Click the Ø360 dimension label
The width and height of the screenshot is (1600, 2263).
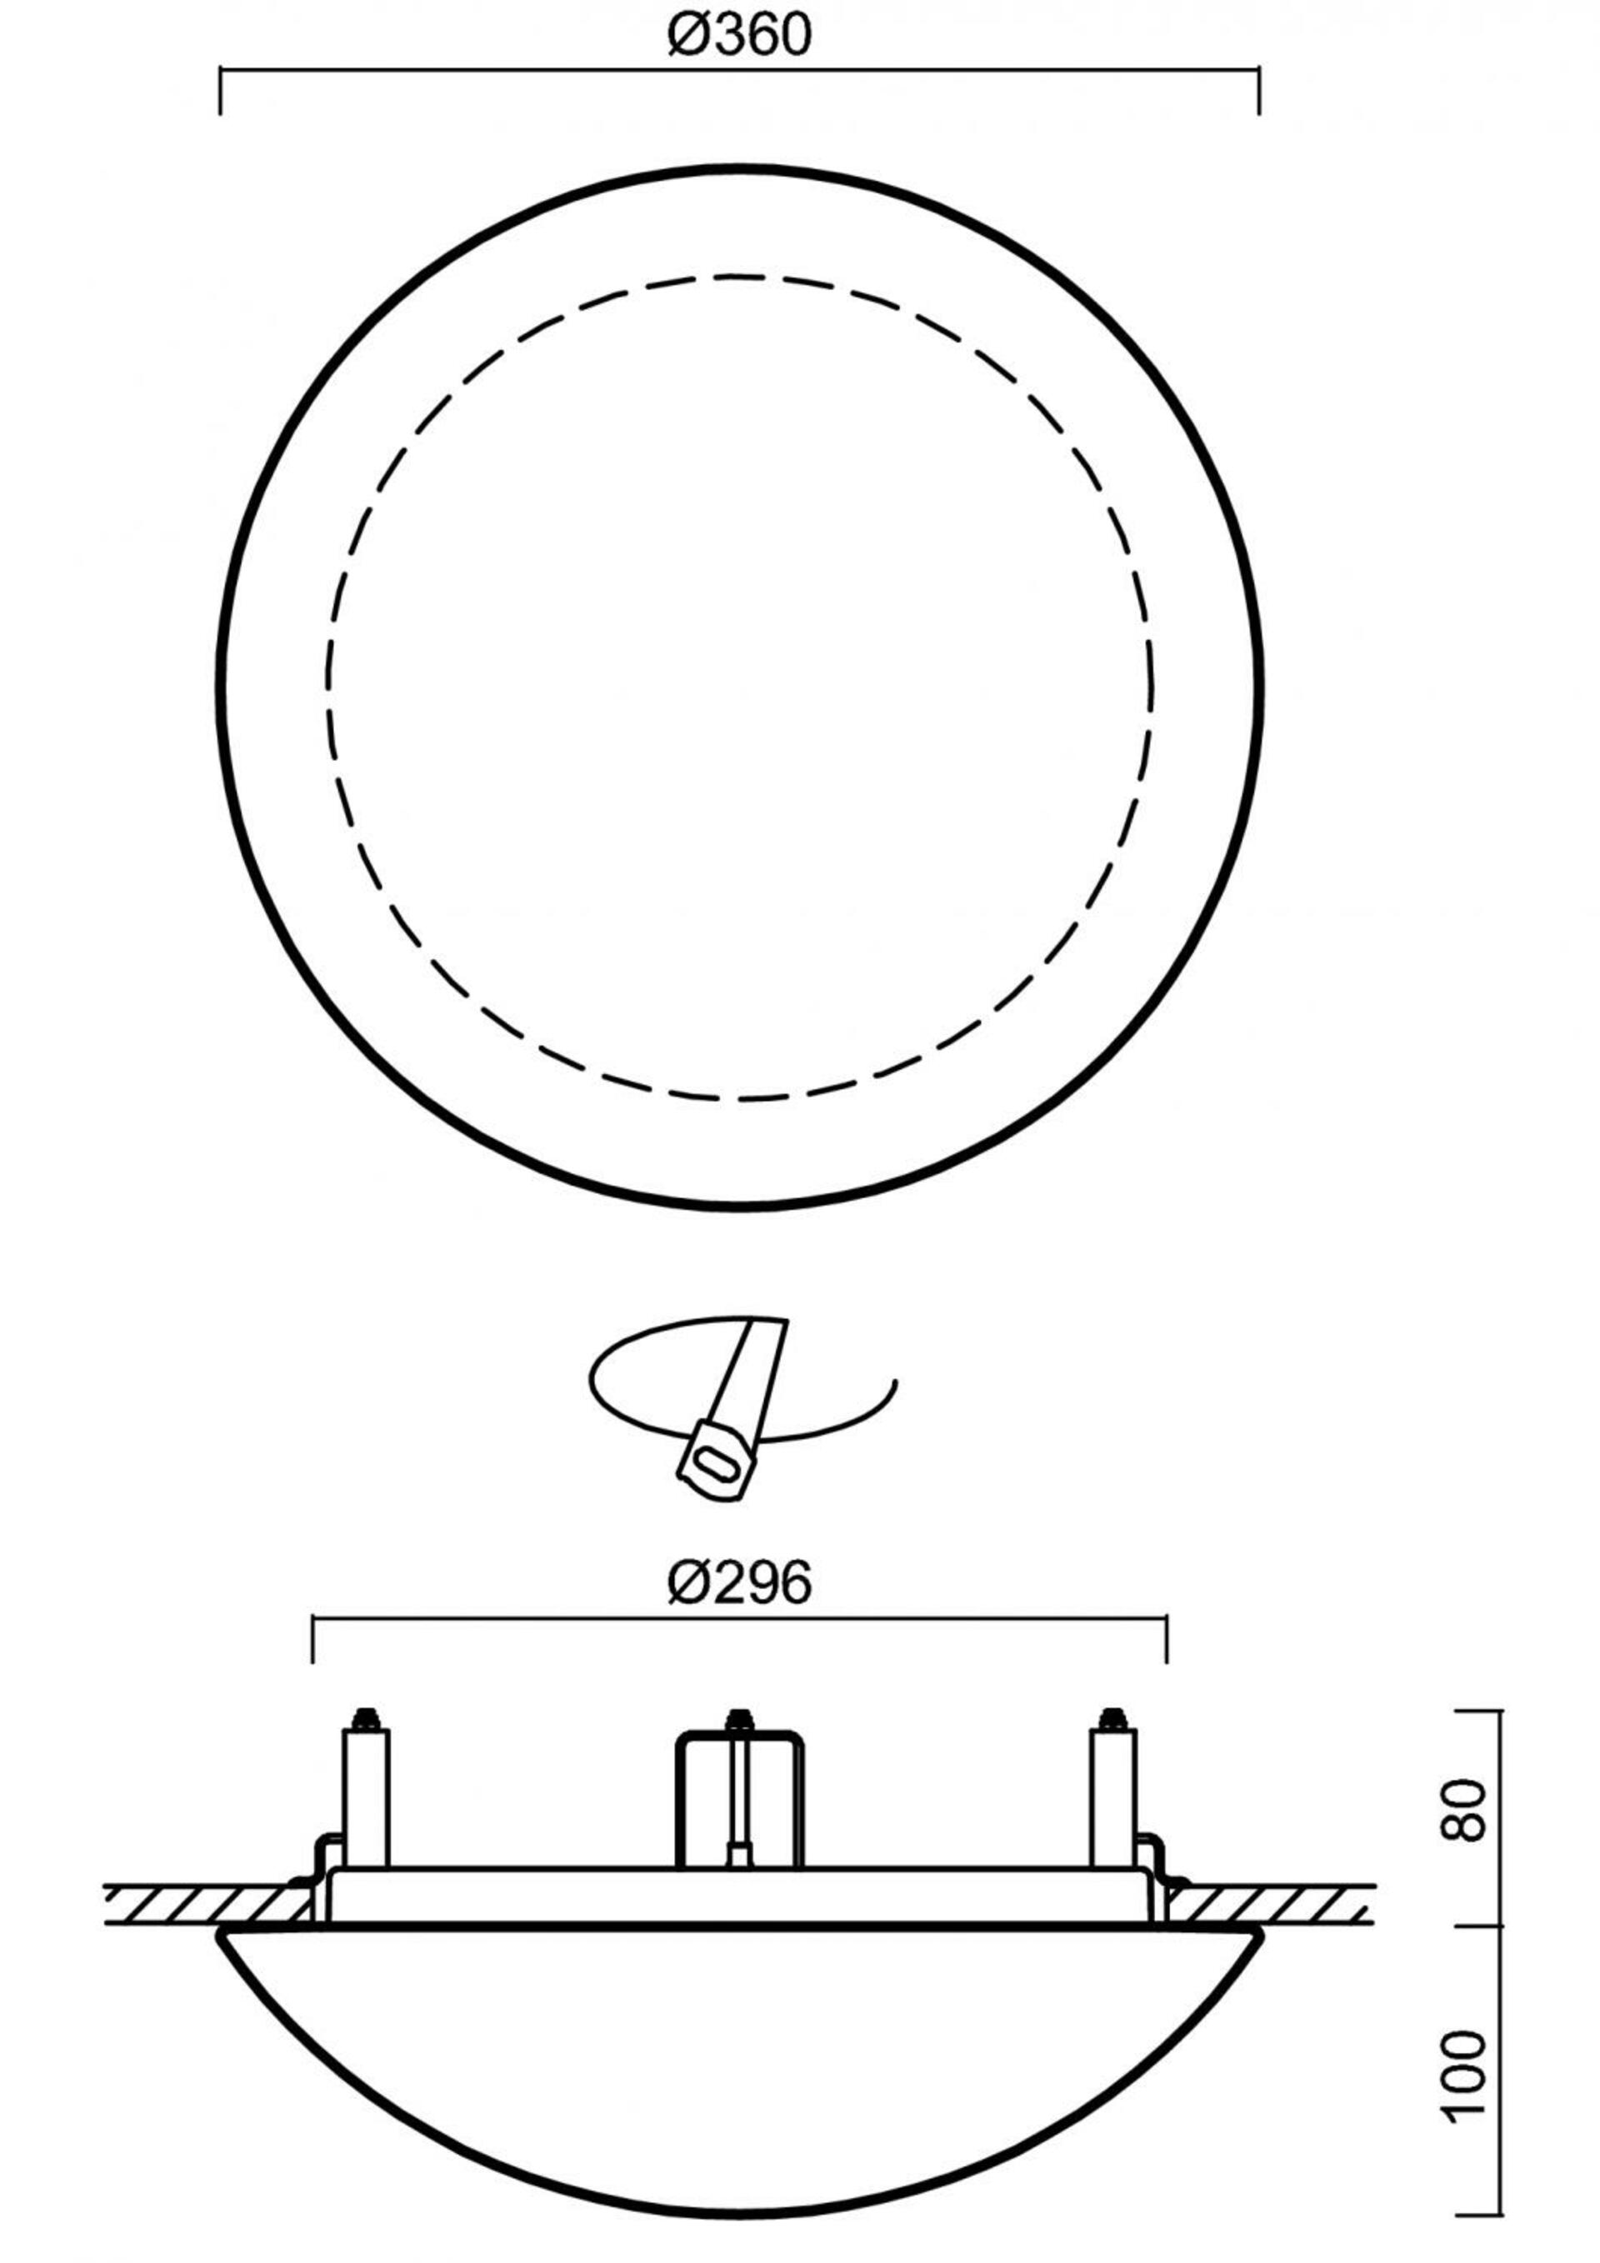point(738,37)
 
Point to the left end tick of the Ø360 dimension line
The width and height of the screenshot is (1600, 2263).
point(220,91)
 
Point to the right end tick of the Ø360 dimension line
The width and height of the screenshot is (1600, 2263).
point(1259,91)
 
